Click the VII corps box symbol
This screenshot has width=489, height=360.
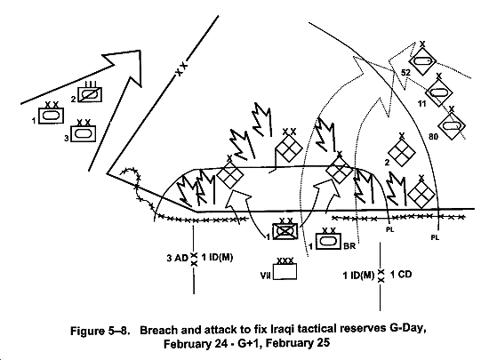(285, 271)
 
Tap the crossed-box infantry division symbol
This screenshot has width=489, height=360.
(285, 231)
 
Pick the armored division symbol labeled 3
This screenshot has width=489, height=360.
(84, 133)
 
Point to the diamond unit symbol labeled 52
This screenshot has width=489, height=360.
(422, 61)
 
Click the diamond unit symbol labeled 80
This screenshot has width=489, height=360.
(452, 126)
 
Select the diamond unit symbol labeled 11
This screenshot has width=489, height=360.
(439, 92)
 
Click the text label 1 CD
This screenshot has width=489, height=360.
(401, 275)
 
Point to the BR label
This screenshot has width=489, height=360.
(349, 246)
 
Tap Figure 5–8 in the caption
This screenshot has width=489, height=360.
(100, 330)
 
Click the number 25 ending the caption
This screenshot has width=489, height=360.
(323, 343)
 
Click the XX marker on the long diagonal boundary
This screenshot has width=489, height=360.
(181, 69)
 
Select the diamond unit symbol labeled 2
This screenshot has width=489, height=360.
(402, 152)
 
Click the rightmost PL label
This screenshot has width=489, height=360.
(435, 237)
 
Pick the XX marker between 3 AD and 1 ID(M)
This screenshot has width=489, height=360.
(194, 260)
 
